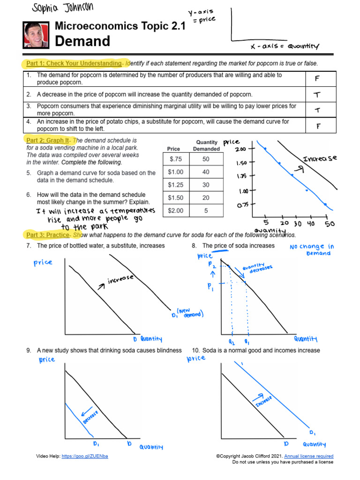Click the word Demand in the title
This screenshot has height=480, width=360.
(82, 41)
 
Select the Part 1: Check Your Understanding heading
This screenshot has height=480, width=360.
(74, 63)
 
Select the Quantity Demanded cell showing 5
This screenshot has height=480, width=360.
(206, 210)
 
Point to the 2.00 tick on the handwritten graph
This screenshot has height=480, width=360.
(240, 149)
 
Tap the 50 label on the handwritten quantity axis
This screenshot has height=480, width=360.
(330, 224)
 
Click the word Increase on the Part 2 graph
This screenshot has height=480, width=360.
(320, 159)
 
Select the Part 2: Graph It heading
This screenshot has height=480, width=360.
(47, 140)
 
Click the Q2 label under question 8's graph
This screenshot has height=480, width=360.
(232, 342)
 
